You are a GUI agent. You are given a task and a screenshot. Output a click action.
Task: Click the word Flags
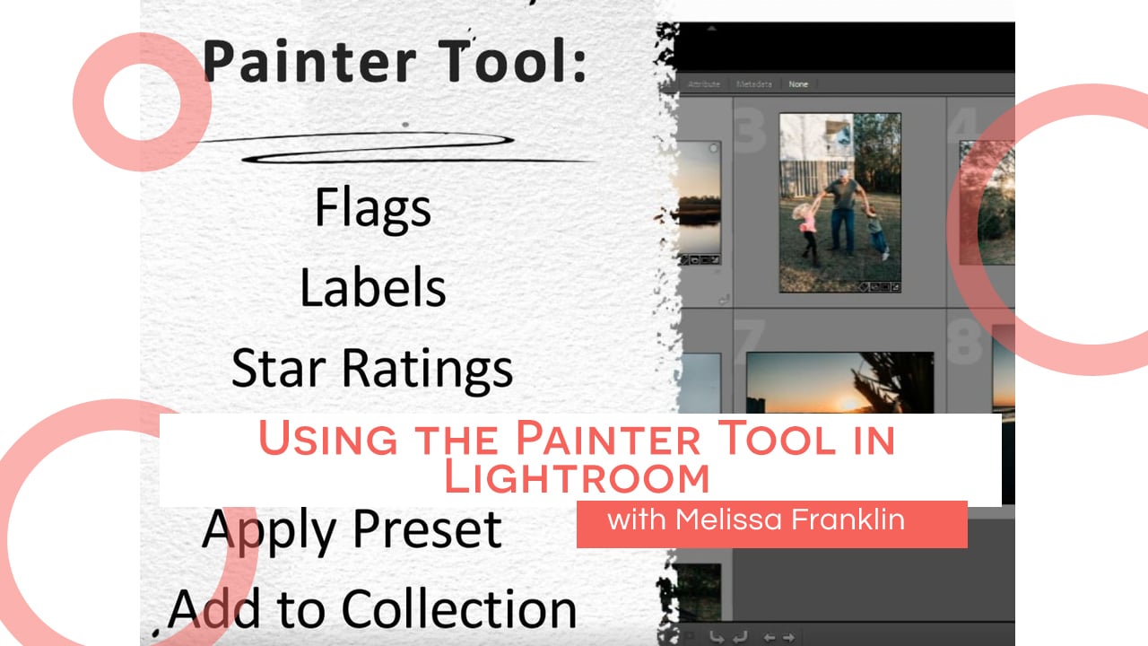click(x=372, y=208)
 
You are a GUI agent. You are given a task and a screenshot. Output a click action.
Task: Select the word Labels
click(x=372, y=288)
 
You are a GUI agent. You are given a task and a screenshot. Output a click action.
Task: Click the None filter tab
click(x=797, y=84)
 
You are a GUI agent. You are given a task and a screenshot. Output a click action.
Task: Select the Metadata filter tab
click(x=753, y=84)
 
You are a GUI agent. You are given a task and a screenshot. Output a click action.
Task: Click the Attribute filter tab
click(x=704, y=84)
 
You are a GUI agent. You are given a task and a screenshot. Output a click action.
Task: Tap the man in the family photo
click(x=841, y=211)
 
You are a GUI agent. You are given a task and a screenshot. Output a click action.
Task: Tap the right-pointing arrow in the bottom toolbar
click(x=789, y=637)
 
